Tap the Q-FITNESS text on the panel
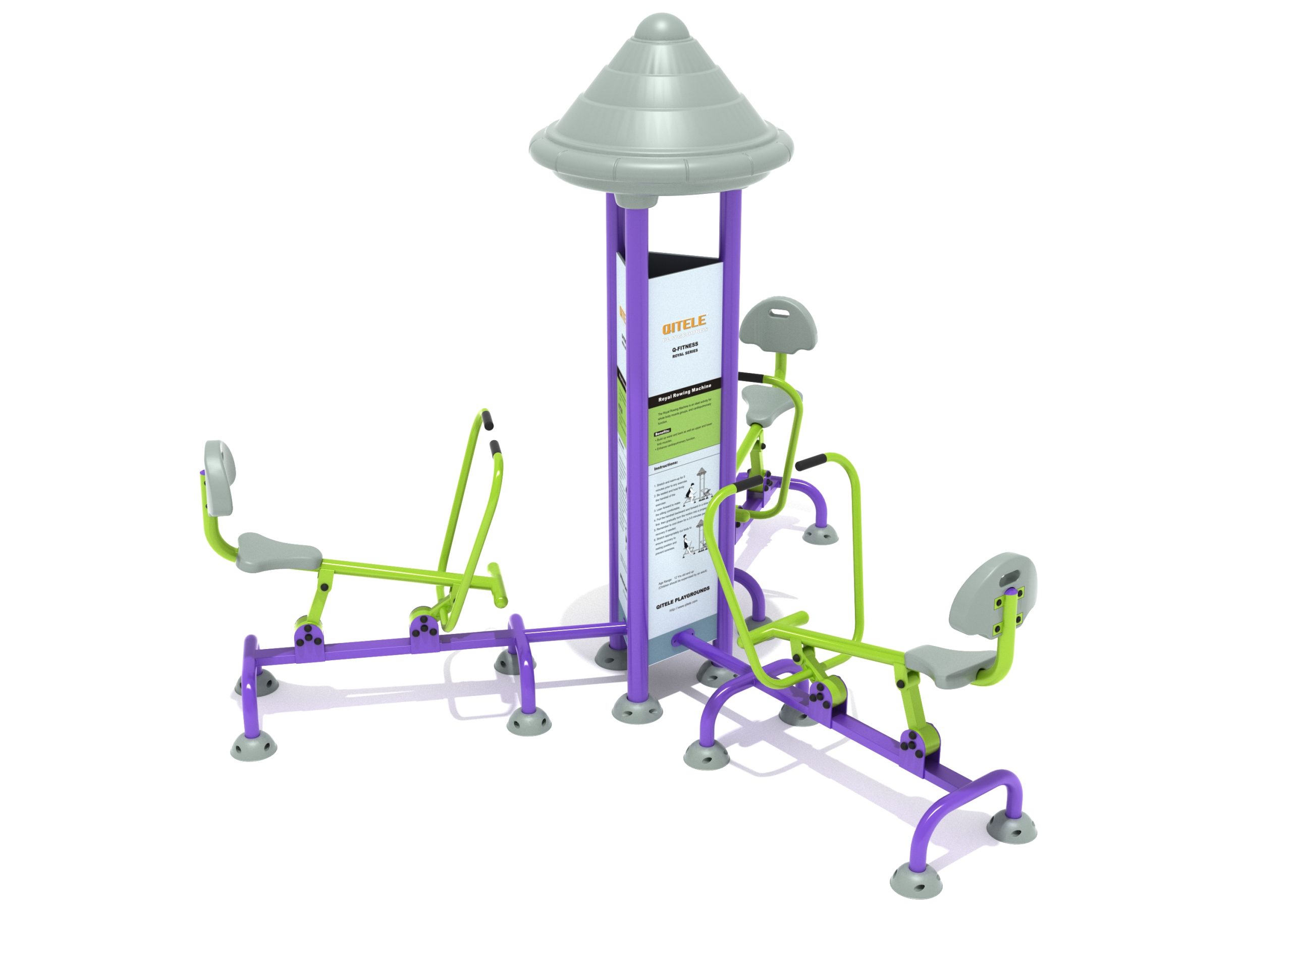(685, 345)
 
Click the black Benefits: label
(662, 433)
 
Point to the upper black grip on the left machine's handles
(487, 420)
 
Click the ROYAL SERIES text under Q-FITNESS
(685, 352)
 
